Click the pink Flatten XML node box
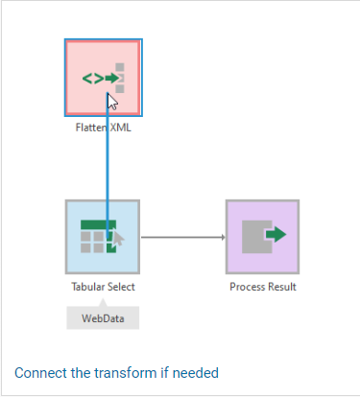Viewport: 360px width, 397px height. [104, 78]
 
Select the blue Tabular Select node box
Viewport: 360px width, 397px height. [103, 237]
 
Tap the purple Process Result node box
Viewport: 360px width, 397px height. [263, 237]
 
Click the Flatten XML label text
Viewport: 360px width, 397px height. [104, 128]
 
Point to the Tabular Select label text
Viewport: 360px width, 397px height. [103, 287]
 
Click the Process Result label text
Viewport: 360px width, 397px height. [263, 287]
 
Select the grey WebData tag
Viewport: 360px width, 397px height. [103, 317]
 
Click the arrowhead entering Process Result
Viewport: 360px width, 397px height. [224, 237]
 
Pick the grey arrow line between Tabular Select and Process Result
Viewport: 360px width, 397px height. [183, 237]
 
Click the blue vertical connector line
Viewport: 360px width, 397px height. [108, 166]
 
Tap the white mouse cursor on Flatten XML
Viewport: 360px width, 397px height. [112, 102]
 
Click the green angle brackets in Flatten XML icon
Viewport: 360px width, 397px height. [93, 79]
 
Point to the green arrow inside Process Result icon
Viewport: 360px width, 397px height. [276, 234]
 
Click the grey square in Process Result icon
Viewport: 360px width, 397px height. [255, 237]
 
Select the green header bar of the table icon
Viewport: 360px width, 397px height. [98, 224]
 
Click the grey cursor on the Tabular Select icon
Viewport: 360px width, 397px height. [118, 239]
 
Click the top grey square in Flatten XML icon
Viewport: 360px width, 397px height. [120, 67]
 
